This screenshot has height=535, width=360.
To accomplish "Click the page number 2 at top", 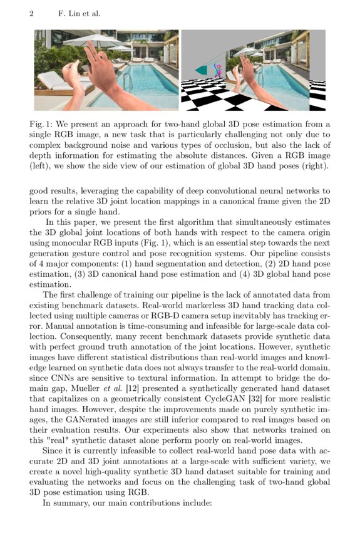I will [x=31, y=13].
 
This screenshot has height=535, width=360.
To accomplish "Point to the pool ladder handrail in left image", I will [x=126, y=81].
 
